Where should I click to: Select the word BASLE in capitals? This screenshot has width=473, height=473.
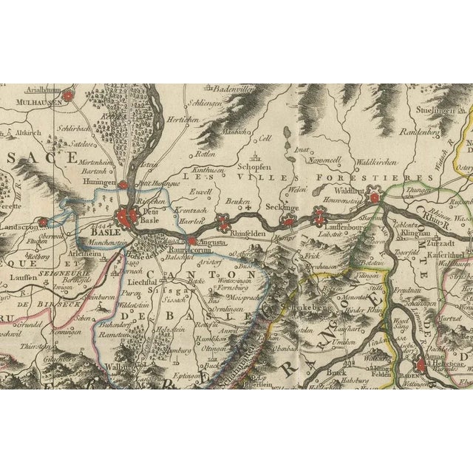[104, 207]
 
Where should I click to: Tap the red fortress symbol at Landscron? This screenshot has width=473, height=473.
[43, 220]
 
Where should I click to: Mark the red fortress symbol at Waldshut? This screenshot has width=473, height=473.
[375, 197]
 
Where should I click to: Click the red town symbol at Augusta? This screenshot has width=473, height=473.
[191, 241]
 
